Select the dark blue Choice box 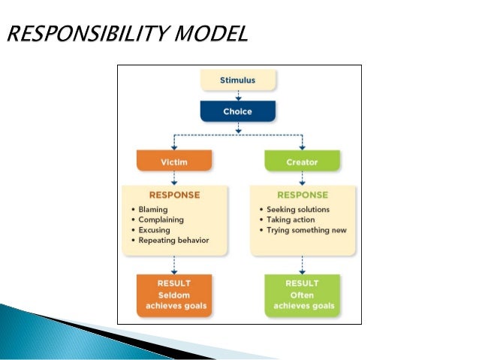(x=237, y=110)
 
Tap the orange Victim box (x=174, y=161)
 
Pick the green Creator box (x=302, y=161)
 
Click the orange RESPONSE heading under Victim (x=174, y=195)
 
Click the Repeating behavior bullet (x=173, y=241)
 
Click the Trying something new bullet (x=306, y=230)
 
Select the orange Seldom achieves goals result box (x=174, y=295)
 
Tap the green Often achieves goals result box (x=302, y=295)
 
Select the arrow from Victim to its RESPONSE (x=174, y=177)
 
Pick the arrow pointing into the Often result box (x=302, y=264)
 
